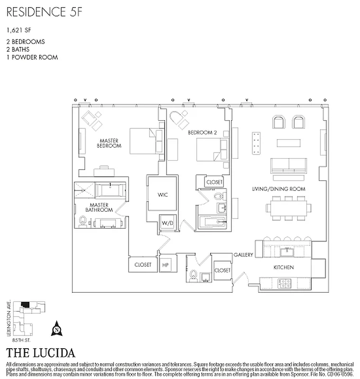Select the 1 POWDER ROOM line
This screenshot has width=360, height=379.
pyautogui.click(x=32, y=57)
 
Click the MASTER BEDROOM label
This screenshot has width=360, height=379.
pyautogui.click(x=109, y=143)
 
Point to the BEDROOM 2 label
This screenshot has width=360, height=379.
pyautogui.click(x=202, y=133)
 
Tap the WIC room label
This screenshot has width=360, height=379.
pyautogui.click(x=163, y=195)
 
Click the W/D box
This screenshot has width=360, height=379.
pyautogui.click(x=166, y=223)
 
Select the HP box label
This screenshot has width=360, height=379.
pyautogui.click(x=166, y=265)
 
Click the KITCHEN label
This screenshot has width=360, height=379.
pyautogui.click(x=284, y=268)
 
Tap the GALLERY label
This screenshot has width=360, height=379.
pyautogui.click(x=243, y=255)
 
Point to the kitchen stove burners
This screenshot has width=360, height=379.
pyautogui.click(x=285, y=283)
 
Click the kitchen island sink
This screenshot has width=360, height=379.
pyautogui.click(x=287, y=250)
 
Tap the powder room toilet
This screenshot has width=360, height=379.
pyautogui.click(x=193, y=275)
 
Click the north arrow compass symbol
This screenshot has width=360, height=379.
pyautogui.click(x=57, y=327)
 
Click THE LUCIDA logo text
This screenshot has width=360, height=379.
pyautogui.click(x=40, y=353)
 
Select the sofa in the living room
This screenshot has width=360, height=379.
pyautogui.click(x=288, y=165)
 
